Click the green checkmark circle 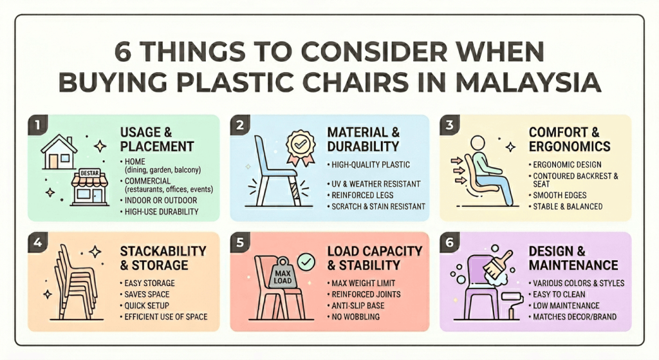pos(307,261)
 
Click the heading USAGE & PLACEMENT pos(156,138)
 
